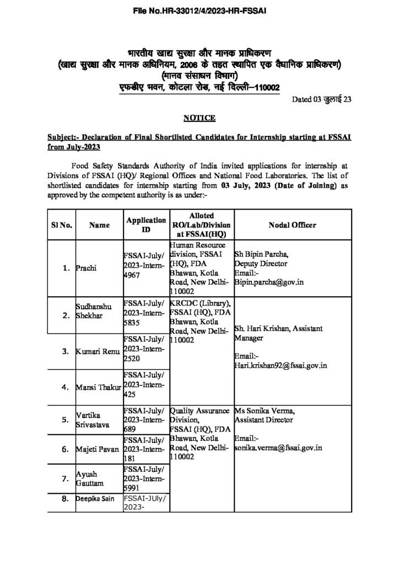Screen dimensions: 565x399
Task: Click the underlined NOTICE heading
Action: (199, 118)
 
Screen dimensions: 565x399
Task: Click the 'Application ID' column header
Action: (146, 225)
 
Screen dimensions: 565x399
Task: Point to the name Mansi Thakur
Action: (98, 387)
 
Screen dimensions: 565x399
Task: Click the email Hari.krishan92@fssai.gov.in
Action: (281, 364)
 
